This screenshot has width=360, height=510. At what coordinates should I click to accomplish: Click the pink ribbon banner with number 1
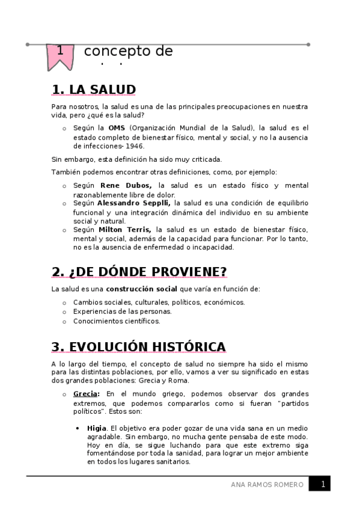[60, 54]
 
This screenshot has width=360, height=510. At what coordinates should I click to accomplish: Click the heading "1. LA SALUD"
[94, 90]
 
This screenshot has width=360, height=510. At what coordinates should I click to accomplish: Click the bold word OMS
[116, 128]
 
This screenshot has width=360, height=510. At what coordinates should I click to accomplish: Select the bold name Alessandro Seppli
[134, 204]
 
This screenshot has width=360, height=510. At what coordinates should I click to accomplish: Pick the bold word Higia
[96, 428]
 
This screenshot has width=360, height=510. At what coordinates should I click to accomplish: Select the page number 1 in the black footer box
[323, 484]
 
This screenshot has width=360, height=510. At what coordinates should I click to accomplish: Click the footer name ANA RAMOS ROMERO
[267, 485]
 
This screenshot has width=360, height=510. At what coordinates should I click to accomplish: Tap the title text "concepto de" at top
[128, 52]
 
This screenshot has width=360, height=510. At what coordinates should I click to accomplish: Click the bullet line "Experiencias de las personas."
[122, 312]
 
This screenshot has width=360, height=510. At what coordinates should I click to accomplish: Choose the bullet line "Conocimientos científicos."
[117, 321]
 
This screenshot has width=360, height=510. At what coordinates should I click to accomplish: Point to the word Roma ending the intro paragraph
[178, 381]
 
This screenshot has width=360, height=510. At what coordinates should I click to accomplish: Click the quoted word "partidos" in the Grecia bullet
[290, 403]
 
